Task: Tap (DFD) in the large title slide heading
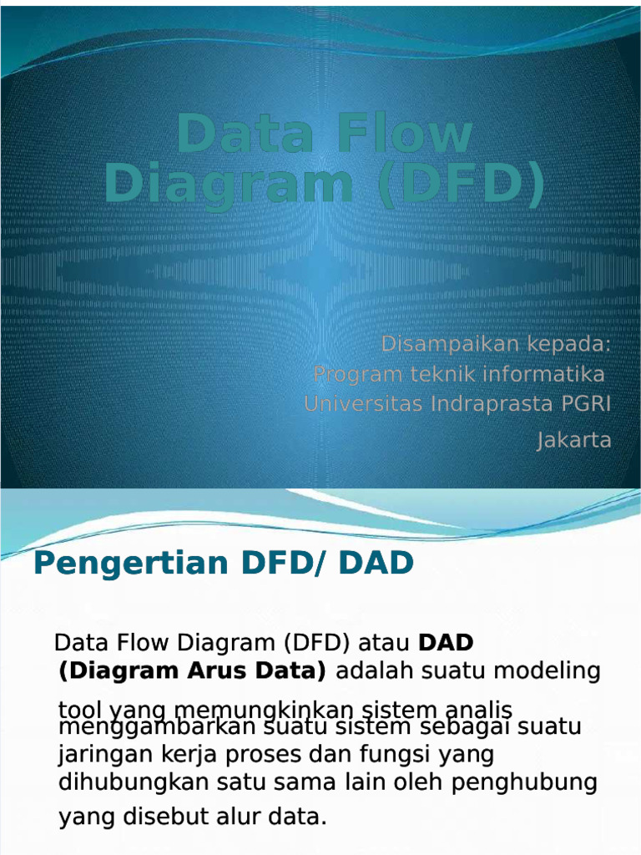click(461, 183)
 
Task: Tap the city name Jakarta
click(573, 440)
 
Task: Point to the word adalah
click(375, 670)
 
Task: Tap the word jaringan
click(105, 755)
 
